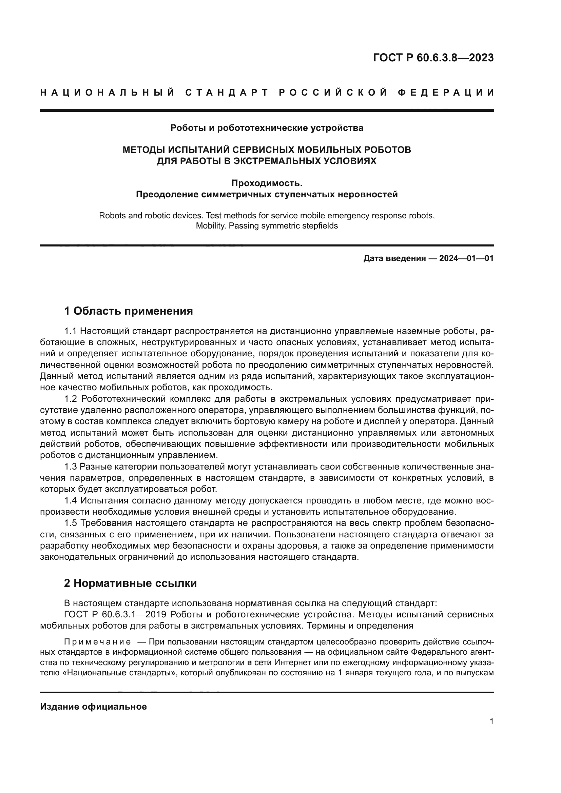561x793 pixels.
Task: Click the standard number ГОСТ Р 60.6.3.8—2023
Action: (433, 58)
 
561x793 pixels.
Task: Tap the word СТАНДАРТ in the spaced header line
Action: (227, 93)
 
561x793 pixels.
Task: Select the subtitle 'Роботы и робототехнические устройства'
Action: (267, 128)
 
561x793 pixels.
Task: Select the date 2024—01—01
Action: (466, 258)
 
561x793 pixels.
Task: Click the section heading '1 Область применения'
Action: (129, 311)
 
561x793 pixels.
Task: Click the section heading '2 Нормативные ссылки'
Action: (130, 583)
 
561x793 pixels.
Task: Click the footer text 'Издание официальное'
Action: (93, 707)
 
